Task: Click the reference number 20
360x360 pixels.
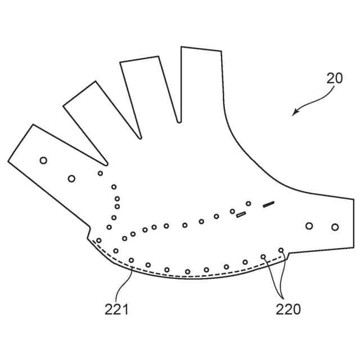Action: point(335,78)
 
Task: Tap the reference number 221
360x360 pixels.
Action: point(116,308)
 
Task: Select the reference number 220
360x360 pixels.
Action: point(288,308)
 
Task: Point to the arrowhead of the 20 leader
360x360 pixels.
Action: point(294,114)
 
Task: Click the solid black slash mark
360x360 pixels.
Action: point(268,204)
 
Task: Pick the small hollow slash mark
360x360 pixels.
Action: point(241,214)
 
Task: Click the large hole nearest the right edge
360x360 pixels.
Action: point(335,227)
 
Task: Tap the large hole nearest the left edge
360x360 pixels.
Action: point(43,160)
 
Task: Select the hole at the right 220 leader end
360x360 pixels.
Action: point(281,250)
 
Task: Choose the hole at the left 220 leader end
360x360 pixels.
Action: point(263,256)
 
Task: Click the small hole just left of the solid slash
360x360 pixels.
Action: point(248,203)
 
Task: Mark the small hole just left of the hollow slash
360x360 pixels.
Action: point(232,211)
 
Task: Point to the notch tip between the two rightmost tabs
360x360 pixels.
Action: point(179,121)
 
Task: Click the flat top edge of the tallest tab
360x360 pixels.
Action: point(201,49)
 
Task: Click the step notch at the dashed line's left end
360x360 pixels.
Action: point(89,233)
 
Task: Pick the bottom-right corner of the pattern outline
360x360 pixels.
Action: point(354,247)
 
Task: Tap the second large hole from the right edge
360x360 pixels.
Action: point(309,226)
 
